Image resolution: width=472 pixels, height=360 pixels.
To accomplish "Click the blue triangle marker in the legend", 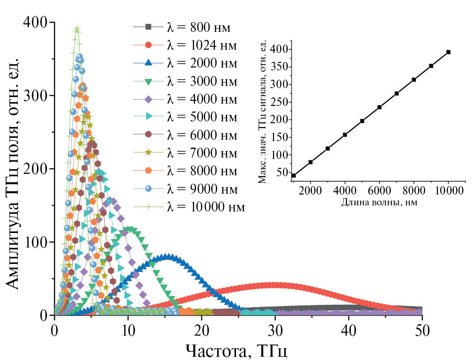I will point(148,63).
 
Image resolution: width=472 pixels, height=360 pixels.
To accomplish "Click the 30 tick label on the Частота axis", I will point(275,330).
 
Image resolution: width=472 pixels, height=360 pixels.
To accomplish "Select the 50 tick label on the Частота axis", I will point(422,330).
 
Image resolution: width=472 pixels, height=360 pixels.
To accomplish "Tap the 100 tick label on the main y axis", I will point(38,242).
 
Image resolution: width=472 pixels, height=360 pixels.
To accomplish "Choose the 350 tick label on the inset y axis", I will point(278,67).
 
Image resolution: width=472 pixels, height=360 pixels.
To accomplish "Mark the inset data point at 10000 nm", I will point(448,52).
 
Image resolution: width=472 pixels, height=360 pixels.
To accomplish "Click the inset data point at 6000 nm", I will point(379,107).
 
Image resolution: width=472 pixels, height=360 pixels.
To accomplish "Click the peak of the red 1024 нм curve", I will point(275,285).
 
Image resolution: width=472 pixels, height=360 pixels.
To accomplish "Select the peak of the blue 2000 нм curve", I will point(167,256).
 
